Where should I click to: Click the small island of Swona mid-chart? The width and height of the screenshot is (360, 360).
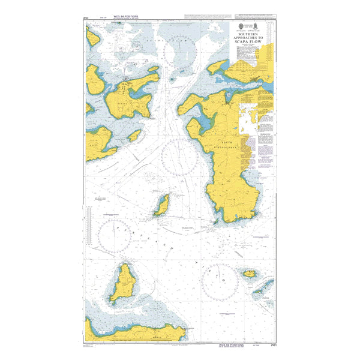pyautogui.click(x=161, y=206)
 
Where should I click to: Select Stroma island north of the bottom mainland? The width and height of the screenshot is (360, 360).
pyautogui.click(x=124, y=283)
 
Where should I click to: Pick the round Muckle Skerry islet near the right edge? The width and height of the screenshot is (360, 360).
pyautogui.click(x=250, y=274)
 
